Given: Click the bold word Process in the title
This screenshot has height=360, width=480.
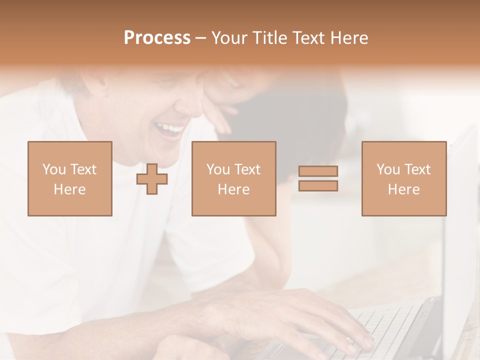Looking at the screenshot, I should pyautogui.click(x=157, y=38).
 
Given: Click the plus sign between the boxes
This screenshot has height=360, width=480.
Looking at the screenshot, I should pyautogui.click(x=152, y=179).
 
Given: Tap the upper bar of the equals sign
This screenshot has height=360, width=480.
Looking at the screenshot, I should pyautogui.click(x=318, y=171).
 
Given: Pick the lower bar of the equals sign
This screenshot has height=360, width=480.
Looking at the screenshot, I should pyautogui.click(x=318, y=186).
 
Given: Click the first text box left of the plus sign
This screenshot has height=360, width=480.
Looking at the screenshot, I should pyautogui.click(x=69, y=179).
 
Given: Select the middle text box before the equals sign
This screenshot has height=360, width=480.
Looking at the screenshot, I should pyautogui.click(x=233, y=179).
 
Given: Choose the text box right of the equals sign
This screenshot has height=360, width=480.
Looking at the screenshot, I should pyautogui.click(x=403, y=179).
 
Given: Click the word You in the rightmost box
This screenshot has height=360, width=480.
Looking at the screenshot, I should pyautogui.click(x=387, y=169).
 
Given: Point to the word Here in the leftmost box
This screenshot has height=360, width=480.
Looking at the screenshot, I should pyautogui.click(x=69, y=189).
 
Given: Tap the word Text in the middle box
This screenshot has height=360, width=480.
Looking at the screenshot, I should pyautogui.click(x=247, y=169).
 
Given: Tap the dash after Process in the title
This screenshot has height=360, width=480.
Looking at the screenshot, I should pyautogui.click(x=201, y=38).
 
